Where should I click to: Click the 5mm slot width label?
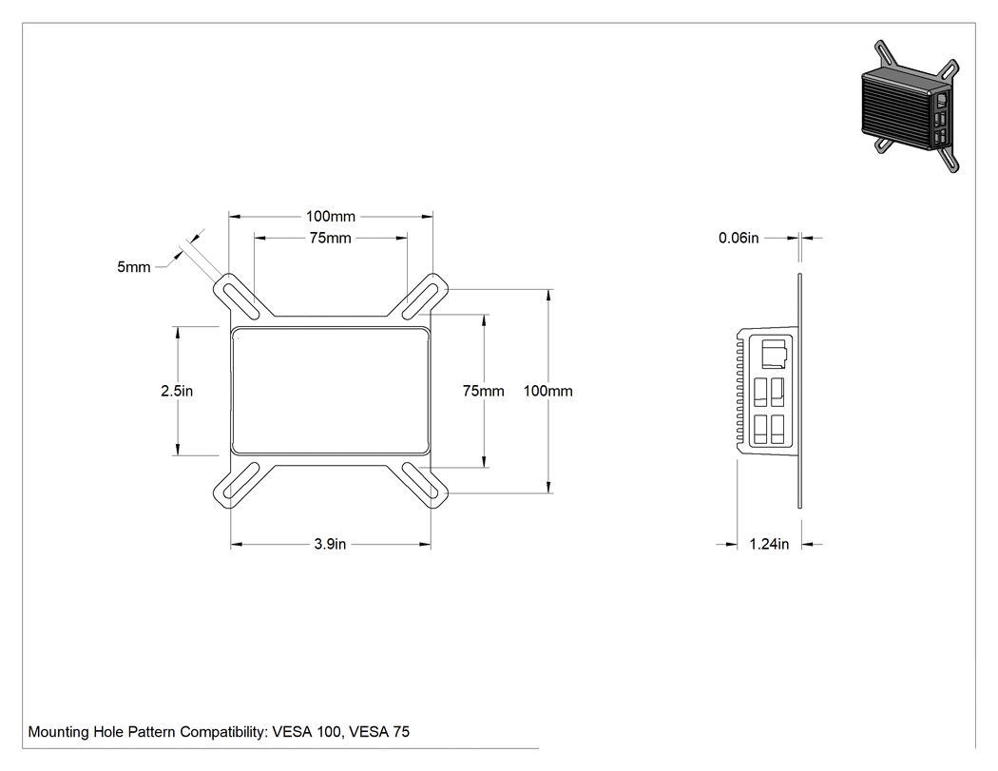pos(134,267)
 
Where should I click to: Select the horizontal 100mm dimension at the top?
pos(331,217)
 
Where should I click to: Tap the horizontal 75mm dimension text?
pos(331,238)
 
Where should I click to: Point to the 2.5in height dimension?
pos(177,391)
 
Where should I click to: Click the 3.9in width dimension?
pos(331,545)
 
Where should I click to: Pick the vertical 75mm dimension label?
pos(483,391)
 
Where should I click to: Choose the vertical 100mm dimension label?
pos(548,391)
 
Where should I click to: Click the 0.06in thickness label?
pos(739,238)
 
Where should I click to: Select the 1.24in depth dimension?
pos(769,545)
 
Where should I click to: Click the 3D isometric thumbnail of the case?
pos(910,106)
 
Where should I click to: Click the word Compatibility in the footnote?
pos(223,732)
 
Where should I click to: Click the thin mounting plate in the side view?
pos(800,391)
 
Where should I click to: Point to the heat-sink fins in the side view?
pos(740,392)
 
